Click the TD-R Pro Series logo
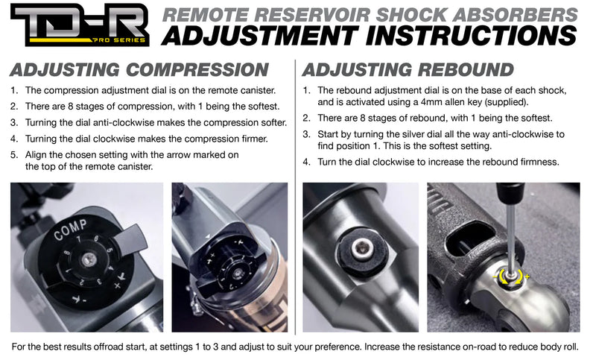point(79,27)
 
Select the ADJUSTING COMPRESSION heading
point(139,70)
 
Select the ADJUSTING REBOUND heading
point(403,70)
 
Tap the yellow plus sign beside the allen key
point(527,277)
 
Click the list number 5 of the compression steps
point(14,155)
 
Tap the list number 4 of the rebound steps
point(306,162)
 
